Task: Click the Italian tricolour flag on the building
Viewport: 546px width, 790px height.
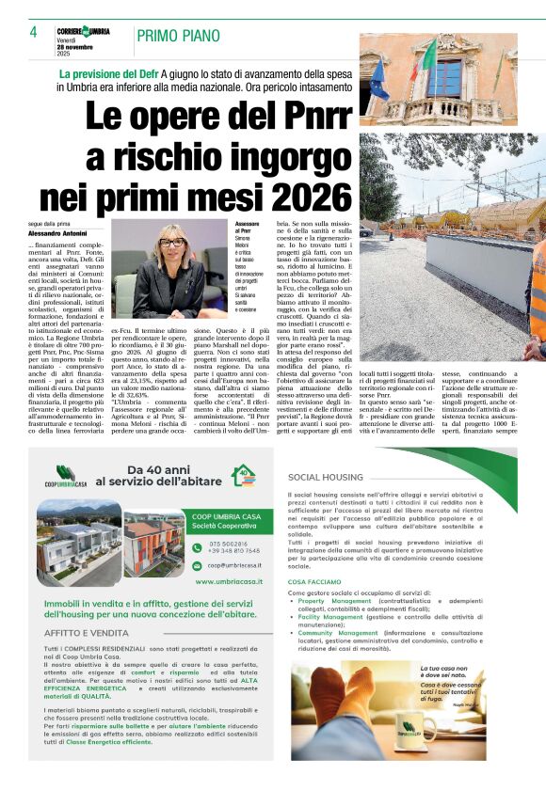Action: (x=428, y=57)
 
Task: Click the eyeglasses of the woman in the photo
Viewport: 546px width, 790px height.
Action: (x=172, y=243)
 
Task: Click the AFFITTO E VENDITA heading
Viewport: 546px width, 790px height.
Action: (x=87, y=634)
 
